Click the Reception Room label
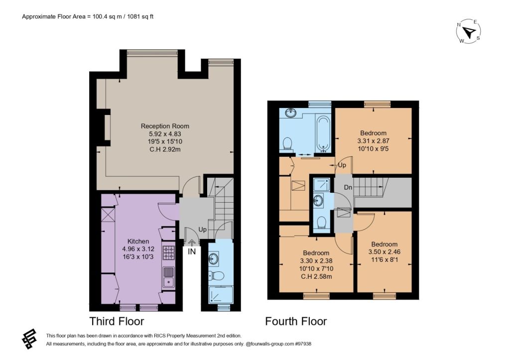pos(165,126)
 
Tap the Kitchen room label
pos(138,241)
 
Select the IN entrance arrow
pos(192,242)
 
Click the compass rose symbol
pos(469,31)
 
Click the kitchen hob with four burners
pos(168,253)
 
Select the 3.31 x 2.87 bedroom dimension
pos(373,141)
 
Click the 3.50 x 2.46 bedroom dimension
pos(384,252)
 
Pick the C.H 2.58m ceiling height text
pos(316,277)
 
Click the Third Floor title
pos(117,321)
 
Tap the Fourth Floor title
pos(296,321)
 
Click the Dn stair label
pos(348,187)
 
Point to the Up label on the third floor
pos(202,230)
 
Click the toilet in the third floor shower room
pos(216,276)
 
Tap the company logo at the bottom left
pos(29,339)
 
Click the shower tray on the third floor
pos(221,295)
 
